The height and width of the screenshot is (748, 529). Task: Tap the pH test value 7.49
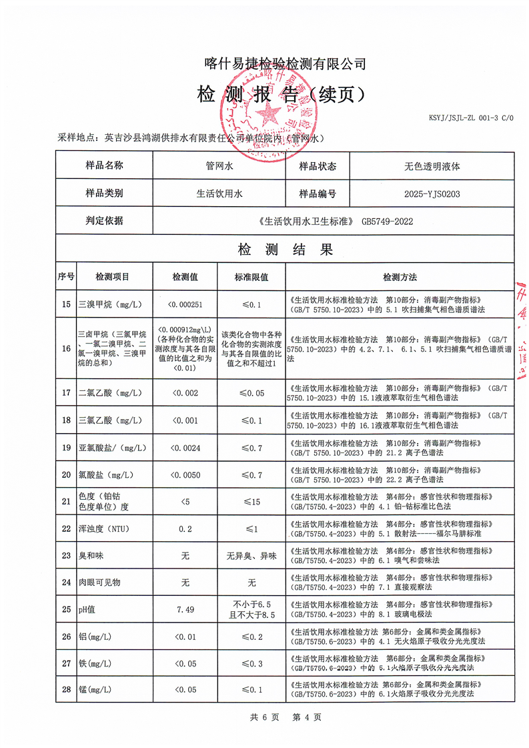185,609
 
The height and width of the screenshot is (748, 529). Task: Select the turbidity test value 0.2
185,528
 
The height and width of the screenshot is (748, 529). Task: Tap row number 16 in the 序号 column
65,348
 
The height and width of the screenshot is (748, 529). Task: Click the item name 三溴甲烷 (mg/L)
109,305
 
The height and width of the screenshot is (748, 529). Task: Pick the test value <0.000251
185,305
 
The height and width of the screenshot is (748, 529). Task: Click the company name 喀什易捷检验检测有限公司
285,64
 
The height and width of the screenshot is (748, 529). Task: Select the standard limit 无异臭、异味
251,556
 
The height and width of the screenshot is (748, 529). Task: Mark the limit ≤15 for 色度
251,501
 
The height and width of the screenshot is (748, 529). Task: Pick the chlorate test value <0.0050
185,474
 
